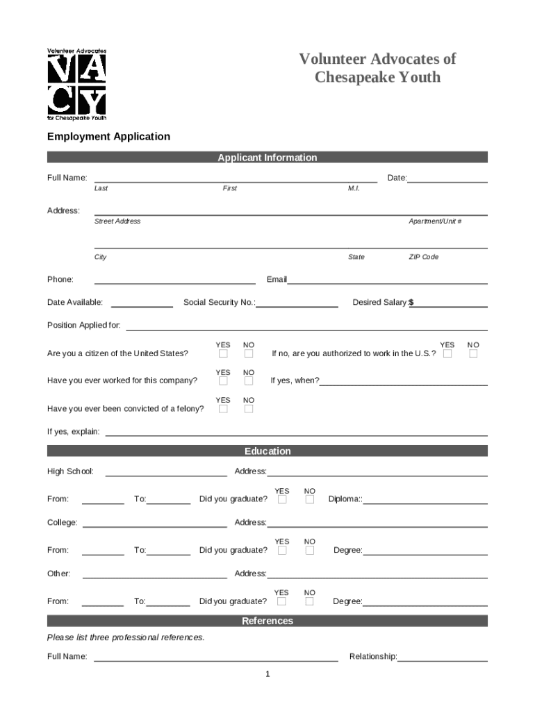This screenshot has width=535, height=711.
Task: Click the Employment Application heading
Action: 108,137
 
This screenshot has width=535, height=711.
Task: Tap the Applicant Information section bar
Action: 267,158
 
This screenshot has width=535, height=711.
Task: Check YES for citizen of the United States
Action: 223,354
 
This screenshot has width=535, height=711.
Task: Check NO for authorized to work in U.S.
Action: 473,354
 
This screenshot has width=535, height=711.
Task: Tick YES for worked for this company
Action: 223,381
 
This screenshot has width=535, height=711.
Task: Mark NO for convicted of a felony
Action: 249,409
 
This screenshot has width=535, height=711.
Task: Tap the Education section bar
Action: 267,451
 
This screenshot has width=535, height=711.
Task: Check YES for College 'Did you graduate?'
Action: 282,551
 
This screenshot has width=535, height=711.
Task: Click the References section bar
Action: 267,621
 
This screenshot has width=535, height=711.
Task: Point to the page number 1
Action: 267,675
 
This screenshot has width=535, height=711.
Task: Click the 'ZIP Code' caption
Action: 423,257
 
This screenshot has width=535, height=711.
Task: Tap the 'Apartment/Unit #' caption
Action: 435,221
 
